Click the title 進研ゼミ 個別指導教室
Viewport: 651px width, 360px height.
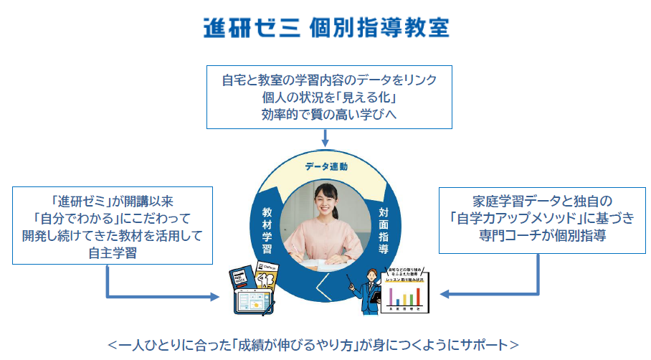click(x=326, y=28)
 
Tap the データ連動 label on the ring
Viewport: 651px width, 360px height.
click(x=325, y=166)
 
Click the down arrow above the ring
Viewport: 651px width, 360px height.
click(x=326, y=136)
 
